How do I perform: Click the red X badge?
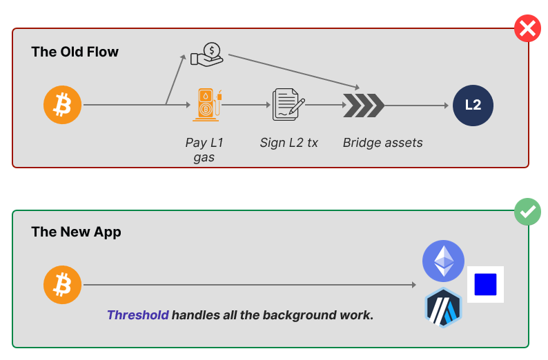pos(528,29)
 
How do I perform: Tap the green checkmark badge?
pos(528,212)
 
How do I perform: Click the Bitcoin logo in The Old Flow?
pos(62,106)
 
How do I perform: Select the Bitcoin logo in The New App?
pos(62,285)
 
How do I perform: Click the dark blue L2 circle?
pos(473,106)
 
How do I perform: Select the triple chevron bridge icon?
pos(364,106)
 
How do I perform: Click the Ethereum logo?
pos(443,261)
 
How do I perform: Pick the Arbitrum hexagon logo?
pos(443,308)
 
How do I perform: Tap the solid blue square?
pos(485,284)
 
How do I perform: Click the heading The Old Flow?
pos(75,52)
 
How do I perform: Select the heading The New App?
pos(76,232)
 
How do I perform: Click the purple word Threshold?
pos(137,315)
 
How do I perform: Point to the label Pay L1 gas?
pos(204,150)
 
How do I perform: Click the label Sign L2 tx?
pos(288,143)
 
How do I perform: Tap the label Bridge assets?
pos(382,143)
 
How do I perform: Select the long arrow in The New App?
pos(248,285)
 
